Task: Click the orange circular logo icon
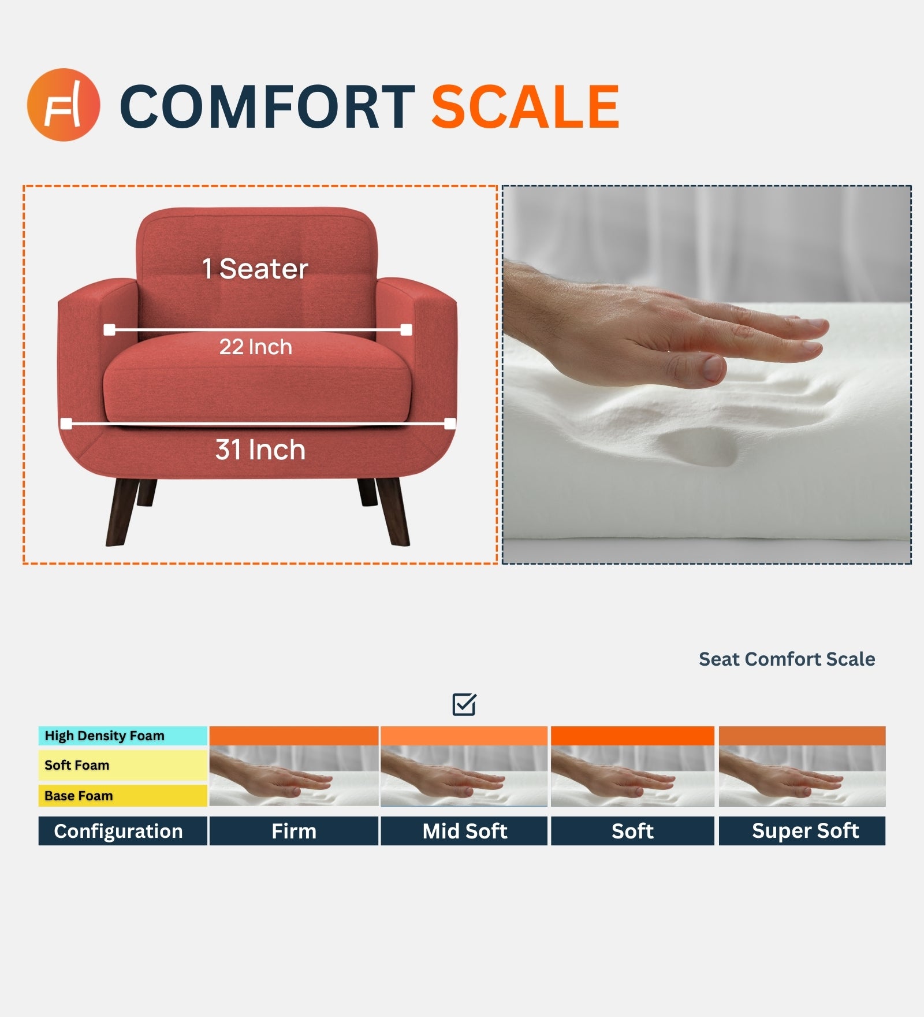[64, 105]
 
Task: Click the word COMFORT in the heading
[267, 107]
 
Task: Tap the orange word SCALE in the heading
[525, 107]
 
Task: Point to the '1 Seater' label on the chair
[255, 269]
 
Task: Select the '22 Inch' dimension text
[256, 347]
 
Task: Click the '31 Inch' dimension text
[260, 450]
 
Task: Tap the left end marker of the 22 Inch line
[109, 330]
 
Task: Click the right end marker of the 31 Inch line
[450, 424]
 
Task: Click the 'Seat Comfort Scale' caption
[787, 659]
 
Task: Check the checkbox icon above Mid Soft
[464, 704]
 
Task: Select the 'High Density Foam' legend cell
[122, 736]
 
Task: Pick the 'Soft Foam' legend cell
[122, 765]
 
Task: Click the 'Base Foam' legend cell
[122, 796]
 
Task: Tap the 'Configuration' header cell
[122, 831]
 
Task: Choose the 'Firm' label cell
[294, 831]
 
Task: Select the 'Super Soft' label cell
[802, 831]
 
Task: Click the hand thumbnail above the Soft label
[632, 775]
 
